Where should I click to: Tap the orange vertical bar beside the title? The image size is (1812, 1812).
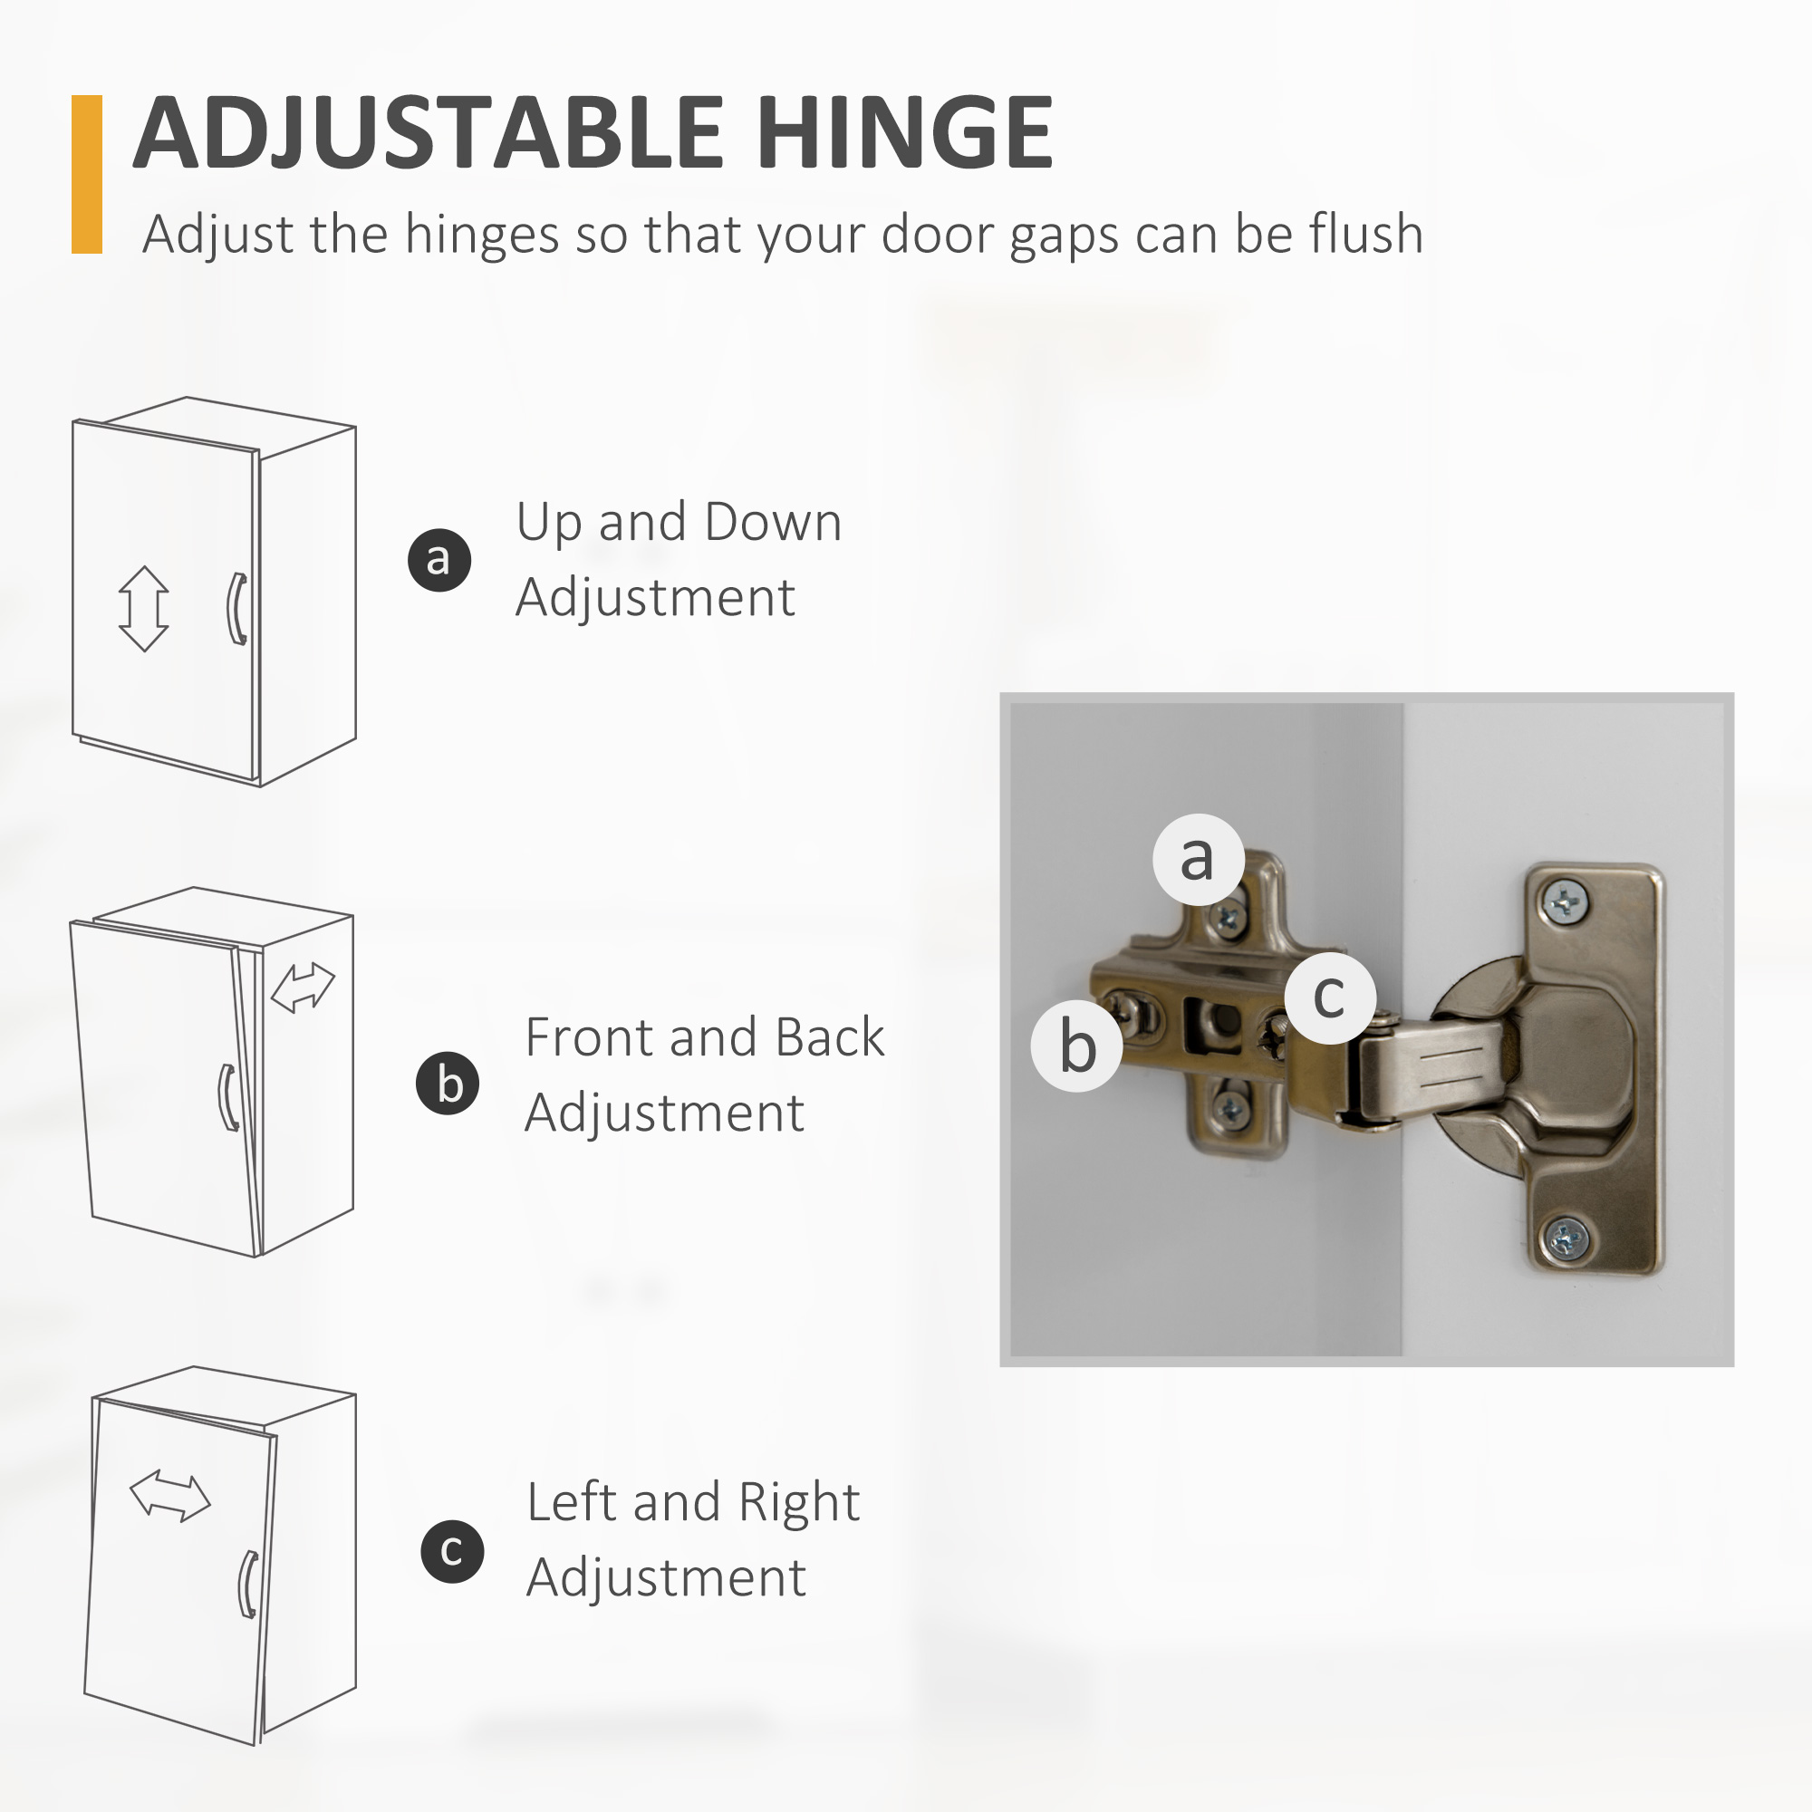pos(86,175)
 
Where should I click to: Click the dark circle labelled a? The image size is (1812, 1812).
pos(439,560)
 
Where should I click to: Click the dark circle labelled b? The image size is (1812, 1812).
pos(448,1084)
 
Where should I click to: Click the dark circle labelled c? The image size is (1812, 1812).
pos(452,1551)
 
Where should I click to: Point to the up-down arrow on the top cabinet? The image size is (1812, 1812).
pos(143,609)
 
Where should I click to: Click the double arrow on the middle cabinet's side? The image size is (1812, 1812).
pos(303,988)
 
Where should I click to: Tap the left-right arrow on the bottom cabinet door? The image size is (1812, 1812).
pos(169,1496)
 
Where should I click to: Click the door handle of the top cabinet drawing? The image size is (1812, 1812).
pos(237,609)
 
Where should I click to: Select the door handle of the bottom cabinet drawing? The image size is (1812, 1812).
pos(247,1585)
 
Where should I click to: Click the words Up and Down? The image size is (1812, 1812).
pos(678,522)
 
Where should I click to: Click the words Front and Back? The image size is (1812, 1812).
pos(704,1037)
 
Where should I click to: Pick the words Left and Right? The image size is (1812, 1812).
pos(692,1501)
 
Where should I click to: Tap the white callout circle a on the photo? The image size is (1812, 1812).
pos(1198,859)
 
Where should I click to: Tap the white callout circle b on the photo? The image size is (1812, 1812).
pos(1076,1045)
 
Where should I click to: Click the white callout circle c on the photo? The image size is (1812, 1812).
pos(1330,997)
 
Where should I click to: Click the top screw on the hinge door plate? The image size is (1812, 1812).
pos(1565,903)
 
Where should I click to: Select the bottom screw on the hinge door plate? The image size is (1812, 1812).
pos(1565,1241)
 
